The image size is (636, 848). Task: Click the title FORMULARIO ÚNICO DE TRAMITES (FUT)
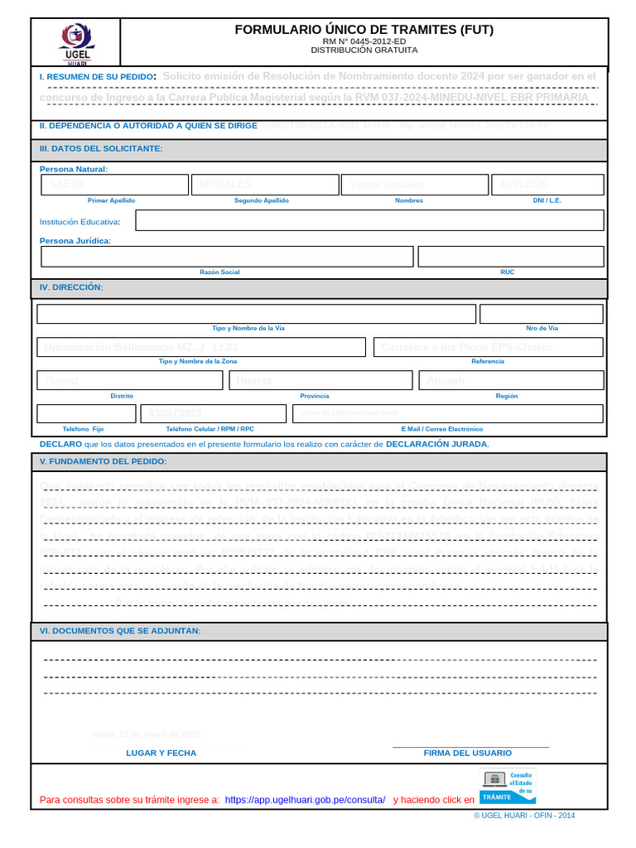(x=364, y=30)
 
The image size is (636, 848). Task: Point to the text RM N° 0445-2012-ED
(x=364, y=41)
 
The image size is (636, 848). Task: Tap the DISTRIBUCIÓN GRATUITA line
(x=364, y=51)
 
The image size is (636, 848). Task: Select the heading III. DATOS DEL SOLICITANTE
(x=101, y=149)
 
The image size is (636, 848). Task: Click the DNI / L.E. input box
(x=547, y=184)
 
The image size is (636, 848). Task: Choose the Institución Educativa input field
(x=369, y=220)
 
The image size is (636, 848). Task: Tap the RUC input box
(x=510, y=257)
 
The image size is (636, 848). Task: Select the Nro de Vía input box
(x=541, y=314)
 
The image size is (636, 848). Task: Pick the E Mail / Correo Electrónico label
(x=441, y=430)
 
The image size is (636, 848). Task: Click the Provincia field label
(x=315, y=396)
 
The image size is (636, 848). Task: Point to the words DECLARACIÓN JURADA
(x=437, y=444)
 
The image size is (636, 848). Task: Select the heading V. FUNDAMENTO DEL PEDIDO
(x=104, y=461)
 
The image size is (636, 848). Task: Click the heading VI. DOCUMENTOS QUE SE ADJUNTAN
(x=120, y=631)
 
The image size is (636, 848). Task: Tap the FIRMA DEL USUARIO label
(x=467, y=753)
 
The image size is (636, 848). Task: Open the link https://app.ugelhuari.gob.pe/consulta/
(x=305, y=800)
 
